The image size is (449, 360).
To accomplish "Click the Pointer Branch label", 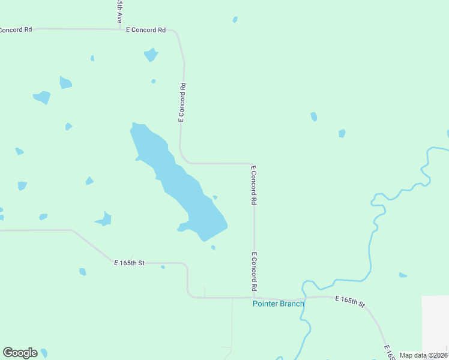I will (278, 304).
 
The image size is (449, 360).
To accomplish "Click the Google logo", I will (20, 353).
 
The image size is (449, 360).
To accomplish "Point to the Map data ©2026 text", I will (423, 355).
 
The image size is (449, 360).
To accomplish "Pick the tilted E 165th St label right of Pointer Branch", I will (350, 301).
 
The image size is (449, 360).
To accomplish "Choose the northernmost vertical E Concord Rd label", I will (181, 103).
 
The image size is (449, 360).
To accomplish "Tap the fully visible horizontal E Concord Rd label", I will (146, 29).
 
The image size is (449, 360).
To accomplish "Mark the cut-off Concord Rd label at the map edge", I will (16, 29).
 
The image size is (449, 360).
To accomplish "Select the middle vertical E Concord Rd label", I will (254, 187).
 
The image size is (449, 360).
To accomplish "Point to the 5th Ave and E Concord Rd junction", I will (121, 28).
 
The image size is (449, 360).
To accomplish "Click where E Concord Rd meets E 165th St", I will (254, 297).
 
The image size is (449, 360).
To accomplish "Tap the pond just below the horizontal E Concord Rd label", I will (151, 55).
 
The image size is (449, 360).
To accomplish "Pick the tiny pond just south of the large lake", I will (213, 247).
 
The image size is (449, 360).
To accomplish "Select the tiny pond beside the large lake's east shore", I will (215, 197).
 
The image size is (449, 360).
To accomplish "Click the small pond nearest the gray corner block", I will (403, 275).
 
